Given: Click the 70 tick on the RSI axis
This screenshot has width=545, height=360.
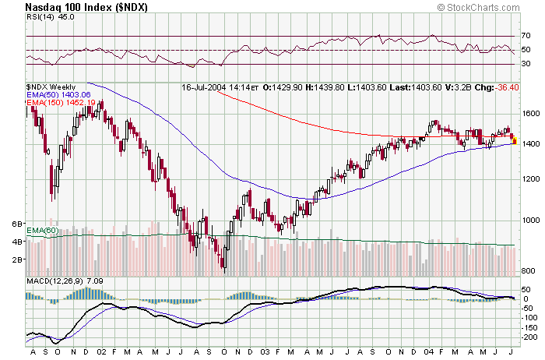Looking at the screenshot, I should tap(526, 36).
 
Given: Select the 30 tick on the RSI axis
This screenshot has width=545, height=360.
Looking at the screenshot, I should tap(526, 64).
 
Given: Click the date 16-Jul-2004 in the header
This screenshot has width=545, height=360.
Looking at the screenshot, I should tap(205, 87).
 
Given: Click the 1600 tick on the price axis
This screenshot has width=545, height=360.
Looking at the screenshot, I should tap(529, 112).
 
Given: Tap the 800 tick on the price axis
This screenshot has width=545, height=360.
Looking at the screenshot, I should tap(528, 270).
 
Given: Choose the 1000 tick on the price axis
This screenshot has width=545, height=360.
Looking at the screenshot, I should tap(529, 221).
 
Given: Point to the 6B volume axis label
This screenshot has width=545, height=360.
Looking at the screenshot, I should tap(16, 224).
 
